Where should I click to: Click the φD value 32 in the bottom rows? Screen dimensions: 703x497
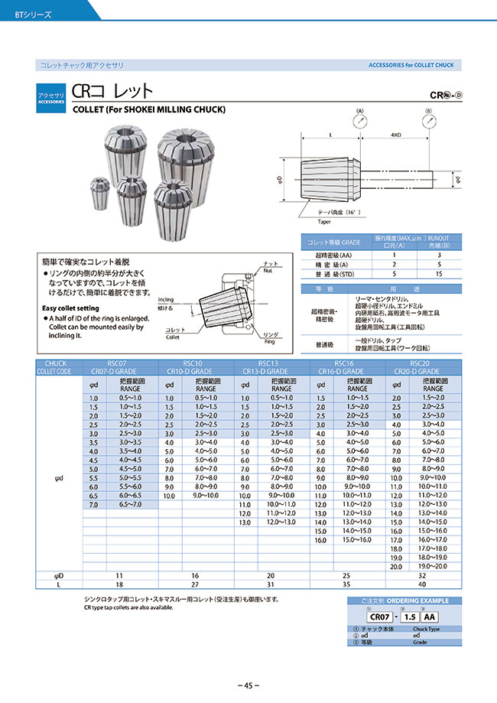[422, 575]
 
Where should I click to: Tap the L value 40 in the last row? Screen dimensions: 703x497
[422, 585]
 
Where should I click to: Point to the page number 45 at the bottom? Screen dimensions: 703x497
[248, 685]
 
